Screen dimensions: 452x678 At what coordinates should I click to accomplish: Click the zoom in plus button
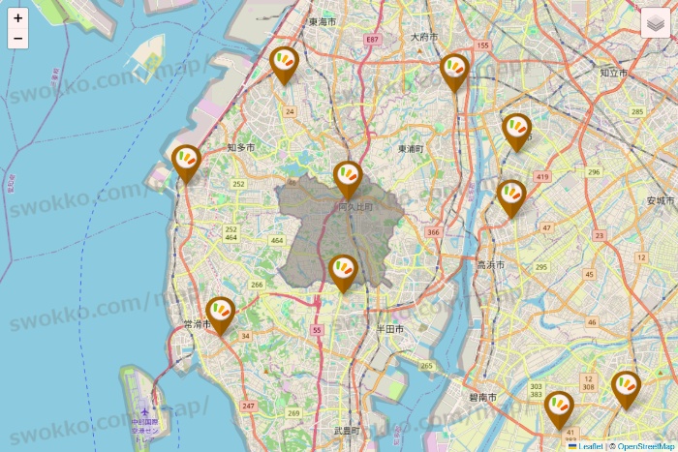(x=17, y=17)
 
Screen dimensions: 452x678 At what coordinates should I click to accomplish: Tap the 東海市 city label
(x=322, y=21)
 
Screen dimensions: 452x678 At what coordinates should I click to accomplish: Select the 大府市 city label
(x=424, y=37)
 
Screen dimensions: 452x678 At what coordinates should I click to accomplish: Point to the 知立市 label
(x=613, y=73)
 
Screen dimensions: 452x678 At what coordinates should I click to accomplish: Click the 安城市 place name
(x=660, y=200)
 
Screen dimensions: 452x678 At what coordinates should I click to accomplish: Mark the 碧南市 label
(x=481, y=398)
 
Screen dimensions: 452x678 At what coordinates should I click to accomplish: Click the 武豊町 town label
(x=347, y=431)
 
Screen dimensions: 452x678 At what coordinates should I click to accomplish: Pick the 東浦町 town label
(x=411, y=149)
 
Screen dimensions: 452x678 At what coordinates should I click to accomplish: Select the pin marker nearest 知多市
(x=186, y=162)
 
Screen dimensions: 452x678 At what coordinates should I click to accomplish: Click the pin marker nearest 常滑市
(x=221, y=314)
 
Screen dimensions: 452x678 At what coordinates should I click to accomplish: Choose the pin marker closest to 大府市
(x=454, y=71)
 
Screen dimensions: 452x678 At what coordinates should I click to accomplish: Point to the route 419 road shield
(x=542, y=177)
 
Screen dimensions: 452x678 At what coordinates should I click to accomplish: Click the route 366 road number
(x=432, y=232)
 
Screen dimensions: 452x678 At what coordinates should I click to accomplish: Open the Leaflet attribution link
(x=590, y=446)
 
